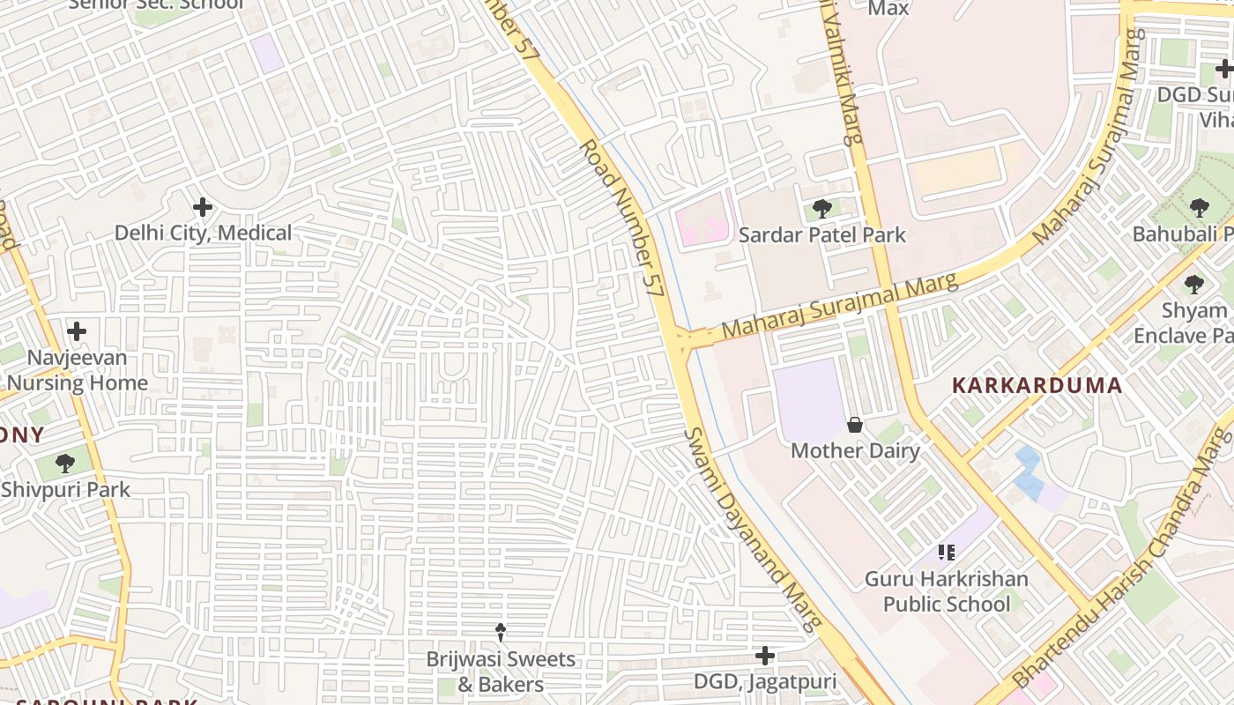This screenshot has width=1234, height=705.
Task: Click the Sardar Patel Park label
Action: [821, 235]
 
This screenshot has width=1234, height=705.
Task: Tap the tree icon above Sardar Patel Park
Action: [821, 210]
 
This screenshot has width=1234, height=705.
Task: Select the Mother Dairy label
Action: [854, 451]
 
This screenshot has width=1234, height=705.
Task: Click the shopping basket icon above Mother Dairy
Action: [854, 426]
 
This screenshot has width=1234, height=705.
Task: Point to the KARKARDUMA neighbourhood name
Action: [1037, 386]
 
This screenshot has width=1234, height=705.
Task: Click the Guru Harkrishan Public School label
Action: [946, 591]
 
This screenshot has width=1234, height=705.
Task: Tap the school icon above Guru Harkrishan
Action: [946, 553]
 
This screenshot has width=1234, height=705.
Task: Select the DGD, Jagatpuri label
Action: [764, 681]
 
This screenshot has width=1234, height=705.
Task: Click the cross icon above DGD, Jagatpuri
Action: [764, 656]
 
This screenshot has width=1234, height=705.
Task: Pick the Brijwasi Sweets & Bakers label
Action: [500, 672]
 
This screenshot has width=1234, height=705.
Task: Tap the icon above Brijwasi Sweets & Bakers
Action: [500, 632]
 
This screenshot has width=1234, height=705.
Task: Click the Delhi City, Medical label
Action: [203, 234]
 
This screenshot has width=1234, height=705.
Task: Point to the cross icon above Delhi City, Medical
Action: [203, 208]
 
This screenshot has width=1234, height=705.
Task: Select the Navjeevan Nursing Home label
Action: [78, 370]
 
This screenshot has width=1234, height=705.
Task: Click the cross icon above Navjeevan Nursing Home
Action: [77, 331]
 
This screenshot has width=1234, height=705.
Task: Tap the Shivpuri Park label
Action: [65, 489]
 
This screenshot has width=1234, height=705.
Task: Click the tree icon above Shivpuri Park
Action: [65, 464]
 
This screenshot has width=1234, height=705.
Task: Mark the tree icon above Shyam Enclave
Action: [1194, 285]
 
